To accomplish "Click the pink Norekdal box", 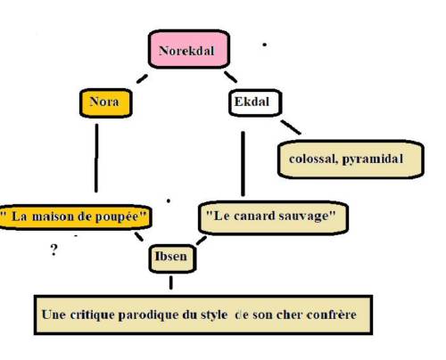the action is coord(189,49).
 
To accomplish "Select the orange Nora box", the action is coord(106,102).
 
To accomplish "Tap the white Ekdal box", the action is coord(255,102).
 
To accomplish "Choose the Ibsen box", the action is coord(172,258).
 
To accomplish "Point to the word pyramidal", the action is coord(373,160).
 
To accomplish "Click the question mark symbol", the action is coord(54,250).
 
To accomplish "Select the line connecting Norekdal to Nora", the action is coord(142,78).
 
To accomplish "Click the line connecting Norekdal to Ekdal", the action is coord(230,77).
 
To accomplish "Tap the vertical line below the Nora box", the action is coord(96,158).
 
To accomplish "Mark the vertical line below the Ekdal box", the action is coord(243,164).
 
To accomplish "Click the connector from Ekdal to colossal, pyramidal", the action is coord(291,127).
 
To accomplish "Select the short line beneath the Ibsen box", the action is coord(171,282).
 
